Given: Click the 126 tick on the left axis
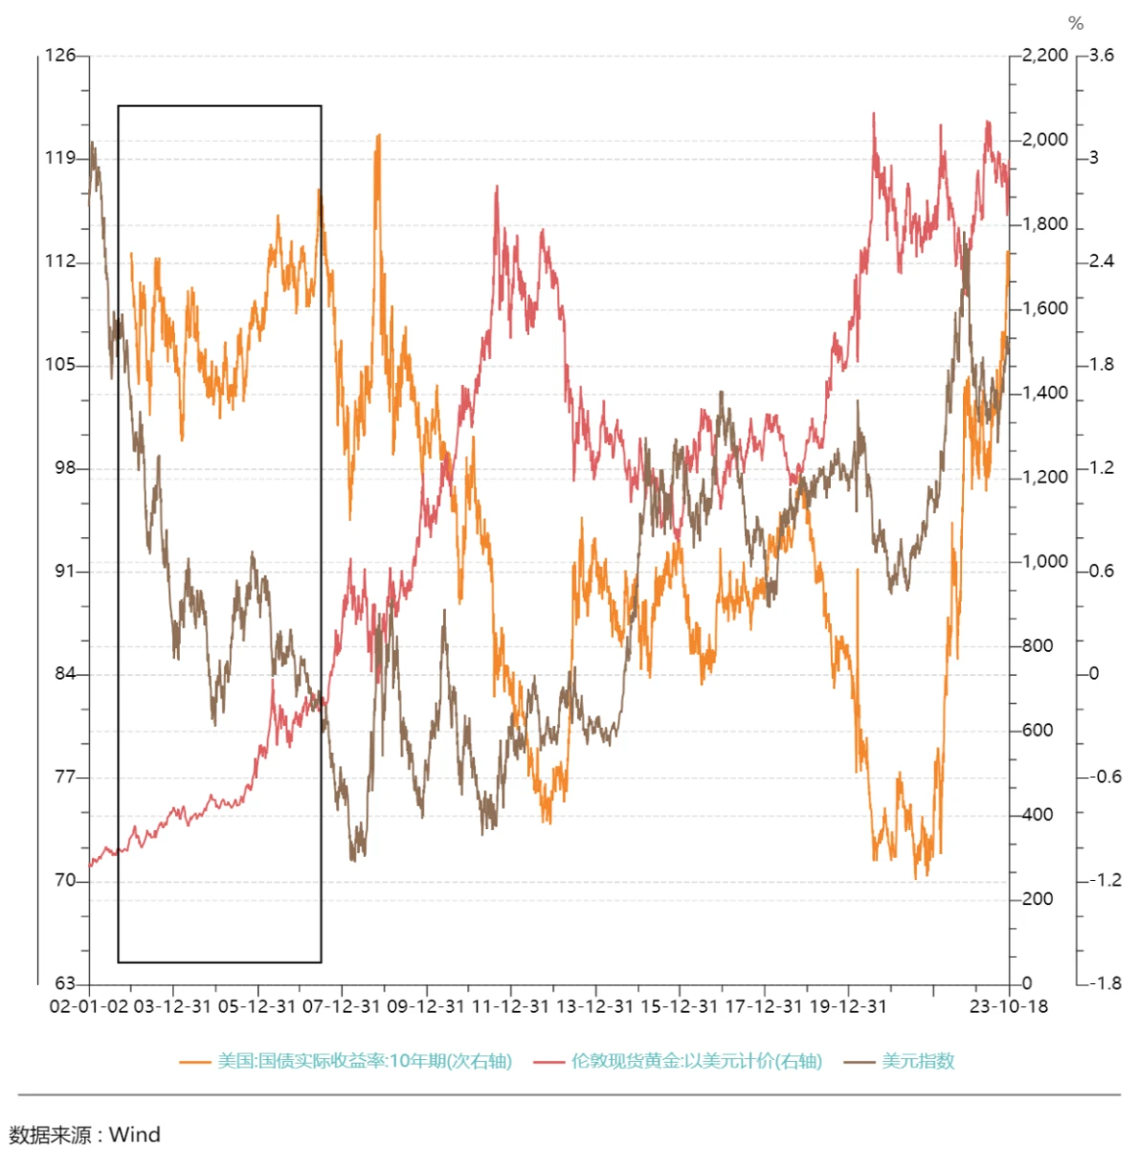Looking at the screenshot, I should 60,56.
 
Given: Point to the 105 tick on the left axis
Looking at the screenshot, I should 60,365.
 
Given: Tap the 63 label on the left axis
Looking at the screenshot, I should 64,983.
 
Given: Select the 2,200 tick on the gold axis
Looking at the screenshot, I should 1044,56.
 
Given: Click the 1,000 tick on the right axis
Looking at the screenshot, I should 1044,561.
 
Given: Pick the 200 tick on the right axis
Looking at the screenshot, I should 1037,899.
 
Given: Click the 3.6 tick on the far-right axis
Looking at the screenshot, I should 1102,56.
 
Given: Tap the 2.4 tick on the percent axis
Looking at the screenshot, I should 1102,261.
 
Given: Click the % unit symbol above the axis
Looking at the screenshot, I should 1076,24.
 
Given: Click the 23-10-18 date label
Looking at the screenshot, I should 1008,1006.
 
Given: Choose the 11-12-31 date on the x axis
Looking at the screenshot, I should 510,1006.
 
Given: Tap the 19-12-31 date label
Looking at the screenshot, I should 847,1006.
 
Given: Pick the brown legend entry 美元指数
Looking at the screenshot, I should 917,1061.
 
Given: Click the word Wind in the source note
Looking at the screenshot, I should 135,1135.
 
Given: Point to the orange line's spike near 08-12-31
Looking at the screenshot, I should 379,137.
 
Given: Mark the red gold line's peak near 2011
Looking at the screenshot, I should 497,188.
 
